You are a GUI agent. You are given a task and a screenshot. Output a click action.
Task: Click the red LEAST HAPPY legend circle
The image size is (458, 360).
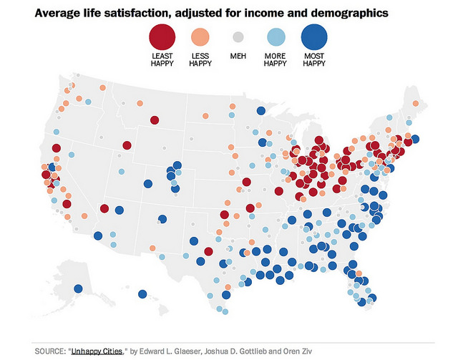coord(162,36)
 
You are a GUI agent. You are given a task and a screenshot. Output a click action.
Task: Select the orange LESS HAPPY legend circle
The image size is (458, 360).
coord(200,37)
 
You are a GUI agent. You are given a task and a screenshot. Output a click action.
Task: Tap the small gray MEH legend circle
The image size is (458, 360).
coord(238,37)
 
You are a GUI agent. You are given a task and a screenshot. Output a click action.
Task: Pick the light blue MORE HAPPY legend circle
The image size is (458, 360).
coord(275,37)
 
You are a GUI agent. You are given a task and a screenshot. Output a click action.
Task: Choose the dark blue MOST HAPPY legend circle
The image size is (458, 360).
coord(313,36)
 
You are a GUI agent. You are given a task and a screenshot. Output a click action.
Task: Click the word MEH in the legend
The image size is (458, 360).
coord(238,56)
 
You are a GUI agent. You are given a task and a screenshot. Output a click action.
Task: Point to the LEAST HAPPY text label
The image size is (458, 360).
coord(162,59)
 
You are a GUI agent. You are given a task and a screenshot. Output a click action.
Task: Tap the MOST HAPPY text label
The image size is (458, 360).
coord(313,59)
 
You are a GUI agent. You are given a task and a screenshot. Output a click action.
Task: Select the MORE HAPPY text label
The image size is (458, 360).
coord(275,59)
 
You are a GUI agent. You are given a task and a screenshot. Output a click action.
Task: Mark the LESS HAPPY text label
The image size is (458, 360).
coord(200,59)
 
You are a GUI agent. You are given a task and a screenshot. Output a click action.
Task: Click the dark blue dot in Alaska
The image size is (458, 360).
coord(78,289)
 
